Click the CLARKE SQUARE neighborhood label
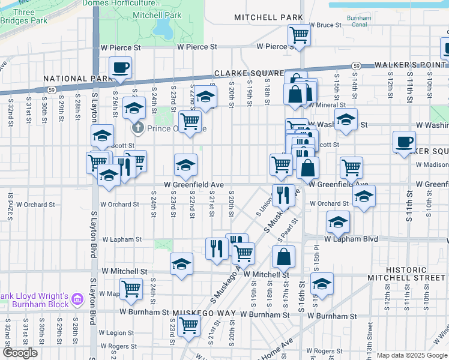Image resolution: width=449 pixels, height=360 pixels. (x=248, y=73)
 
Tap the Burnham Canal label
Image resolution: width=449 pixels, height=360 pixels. (x=359, y=22)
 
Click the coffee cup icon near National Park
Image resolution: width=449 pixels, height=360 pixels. (x=120, y=67)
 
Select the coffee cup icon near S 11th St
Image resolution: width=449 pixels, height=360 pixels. (x=403, y=142)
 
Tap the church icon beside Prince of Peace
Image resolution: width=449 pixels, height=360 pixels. (x=137, y=128)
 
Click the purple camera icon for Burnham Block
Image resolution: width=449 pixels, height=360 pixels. (x=77, y=298)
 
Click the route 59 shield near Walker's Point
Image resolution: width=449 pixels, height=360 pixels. (x=356, y=65)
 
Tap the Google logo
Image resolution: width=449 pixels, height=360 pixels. (x=20, y=353)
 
